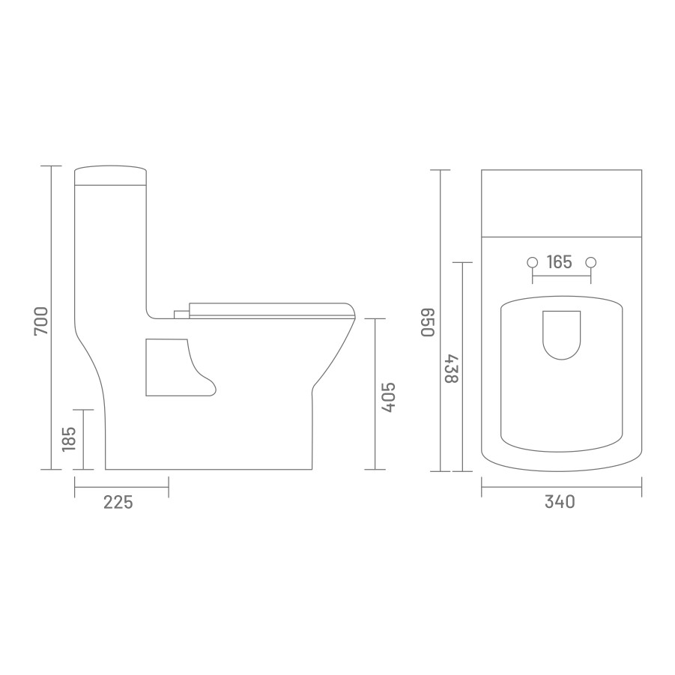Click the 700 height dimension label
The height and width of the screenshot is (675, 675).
[41, 321]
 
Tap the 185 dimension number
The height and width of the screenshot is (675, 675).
[69, 439]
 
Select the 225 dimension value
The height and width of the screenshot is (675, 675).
[118, 502]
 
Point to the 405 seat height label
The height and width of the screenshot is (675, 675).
[388, 397]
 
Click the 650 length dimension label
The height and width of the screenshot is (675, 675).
[428, 322]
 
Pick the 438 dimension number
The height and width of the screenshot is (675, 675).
[452, 369]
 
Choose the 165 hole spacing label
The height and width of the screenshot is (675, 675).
[559, 261]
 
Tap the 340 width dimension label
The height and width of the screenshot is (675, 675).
[560, 501]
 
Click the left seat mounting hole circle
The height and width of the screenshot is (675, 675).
[533, 262]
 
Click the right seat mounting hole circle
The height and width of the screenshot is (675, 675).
[591, 262]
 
